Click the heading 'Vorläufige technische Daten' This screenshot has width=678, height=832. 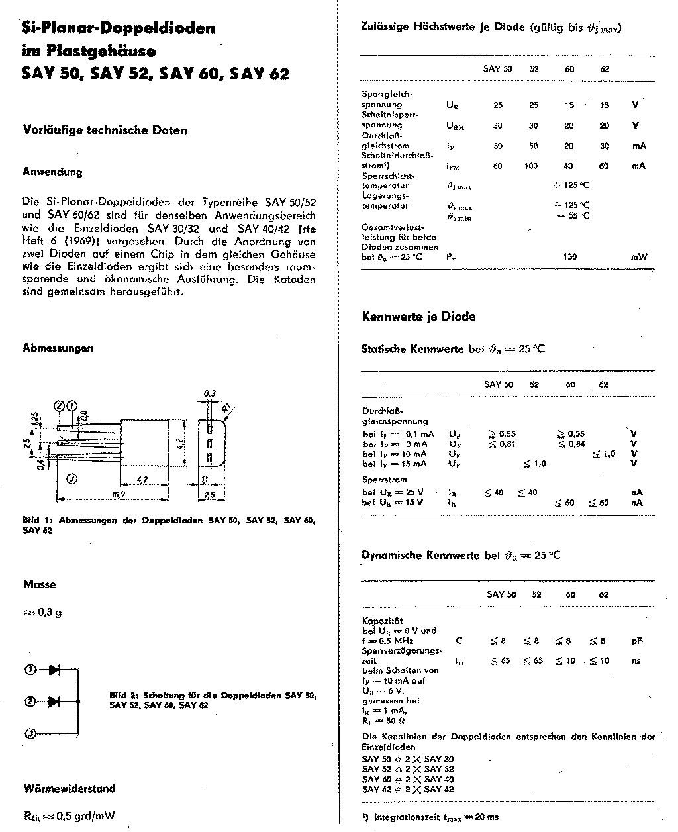105,130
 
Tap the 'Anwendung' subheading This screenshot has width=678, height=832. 52,172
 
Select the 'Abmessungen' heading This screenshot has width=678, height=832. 58,348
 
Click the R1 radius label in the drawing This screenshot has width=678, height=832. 226,407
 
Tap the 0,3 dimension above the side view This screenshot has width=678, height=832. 209,393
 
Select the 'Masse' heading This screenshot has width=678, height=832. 40,584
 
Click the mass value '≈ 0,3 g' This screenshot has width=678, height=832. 42,612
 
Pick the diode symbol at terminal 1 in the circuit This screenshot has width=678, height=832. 54,670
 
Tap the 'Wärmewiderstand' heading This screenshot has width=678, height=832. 69,788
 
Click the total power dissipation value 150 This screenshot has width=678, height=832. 569,256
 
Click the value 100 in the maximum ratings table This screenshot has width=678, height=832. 531,166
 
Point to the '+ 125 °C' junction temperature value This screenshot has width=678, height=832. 571,186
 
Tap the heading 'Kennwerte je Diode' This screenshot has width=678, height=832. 418,317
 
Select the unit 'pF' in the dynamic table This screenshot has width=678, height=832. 636,641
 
